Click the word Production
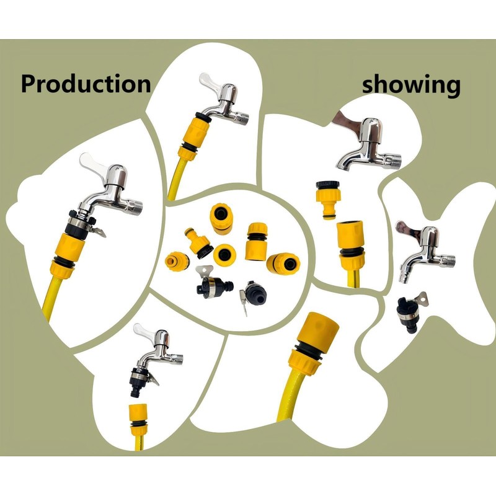click(86, 83)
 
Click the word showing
click(411, 84)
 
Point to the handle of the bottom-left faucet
click(145, 329)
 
